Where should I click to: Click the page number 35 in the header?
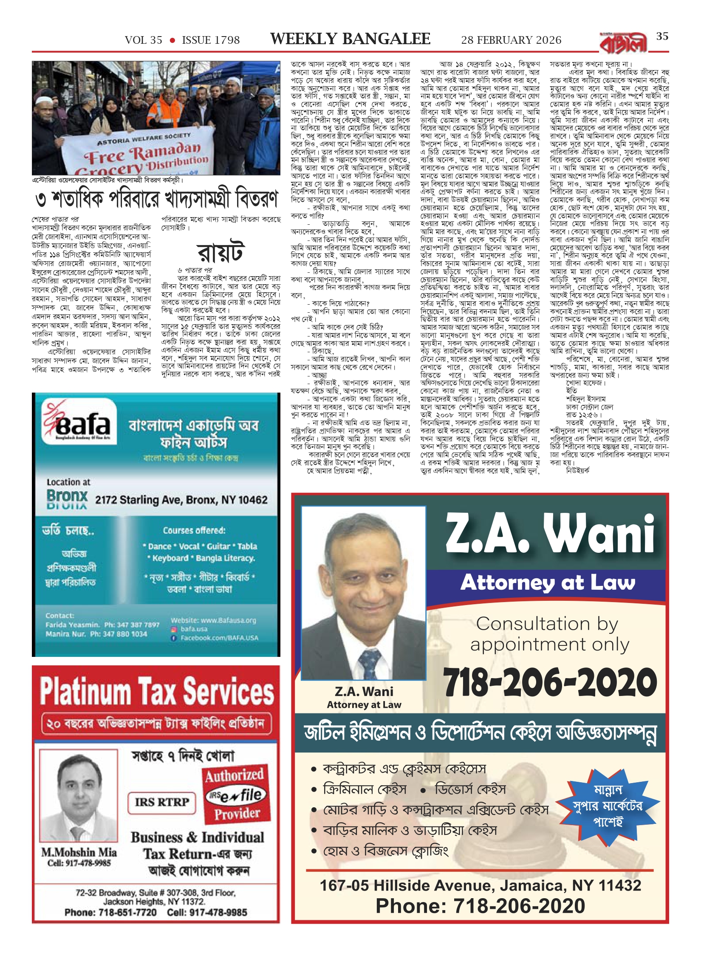pyautogui.click(x=662, y=37)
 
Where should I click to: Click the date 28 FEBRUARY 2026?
pyautogui.click(x=511, y=40)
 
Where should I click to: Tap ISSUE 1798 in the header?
pyautogui.click(x=211, y=40)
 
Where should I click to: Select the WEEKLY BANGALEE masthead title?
pyautogui.click(x=350, y=39)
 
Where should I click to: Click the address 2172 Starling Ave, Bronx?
pyautogui.click(x=181, y=500)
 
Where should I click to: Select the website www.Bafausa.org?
pyautogui.click(x=214, y=620)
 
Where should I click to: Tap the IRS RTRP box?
pyautogui.click(x=161, y=802)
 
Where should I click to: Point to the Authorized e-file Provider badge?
pyautogui.click(x=236, y=795)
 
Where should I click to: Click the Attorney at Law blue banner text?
pyautogui.click(x=548, y=583)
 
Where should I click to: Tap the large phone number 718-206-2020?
pyautogui.click(x=550, y=682)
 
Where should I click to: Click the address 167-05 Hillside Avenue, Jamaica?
pyautogui.click(x=480, y=885)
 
